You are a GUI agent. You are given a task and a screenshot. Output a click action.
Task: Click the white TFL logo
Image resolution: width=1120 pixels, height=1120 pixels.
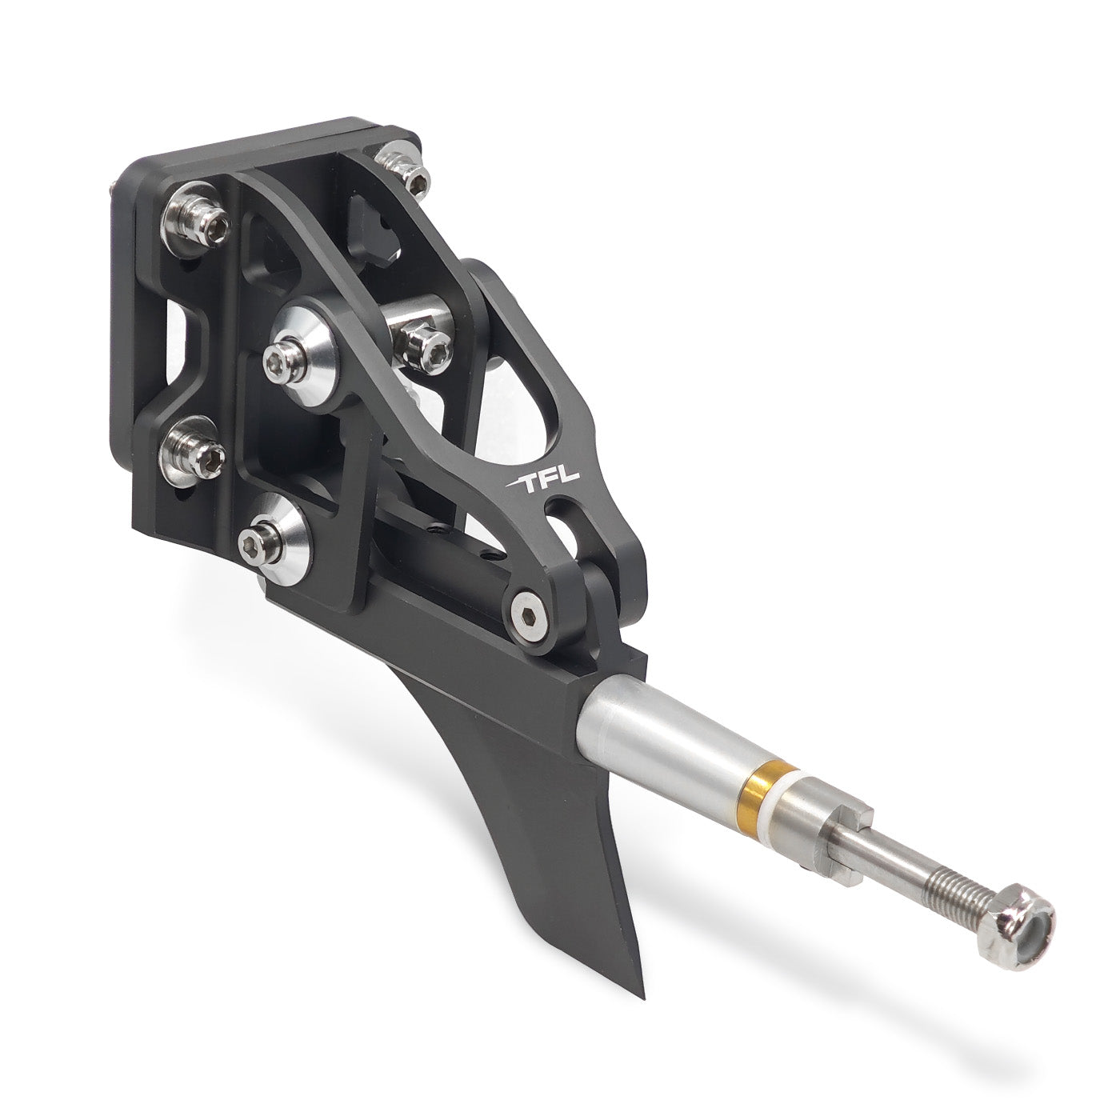point(542,479)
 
